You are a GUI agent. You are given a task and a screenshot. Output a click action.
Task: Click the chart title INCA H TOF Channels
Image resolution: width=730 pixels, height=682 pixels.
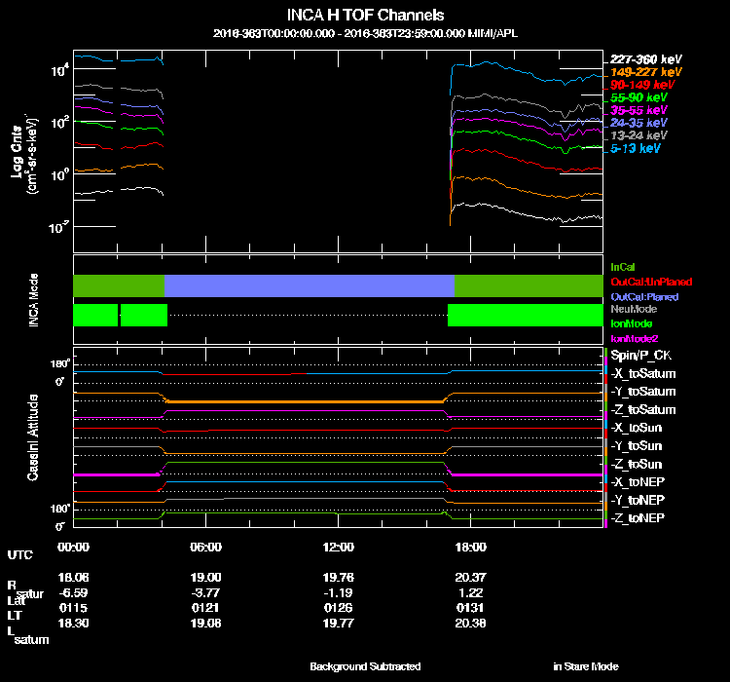point(365,15)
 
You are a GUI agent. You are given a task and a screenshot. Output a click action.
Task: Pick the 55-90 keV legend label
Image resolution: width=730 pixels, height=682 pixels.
point(639,98)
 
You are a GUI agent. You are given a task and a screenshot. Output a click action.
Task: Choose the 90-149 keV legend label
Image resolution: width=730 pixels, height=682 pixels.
point(641,85)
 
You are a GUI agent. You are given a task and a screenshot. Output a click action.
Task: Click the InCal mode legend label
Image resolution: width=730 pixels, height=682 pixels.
point(624,266)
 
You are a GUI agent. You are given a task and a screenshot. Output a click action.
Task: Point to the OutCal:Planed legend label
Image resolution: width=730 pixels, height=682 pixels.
point(643,295)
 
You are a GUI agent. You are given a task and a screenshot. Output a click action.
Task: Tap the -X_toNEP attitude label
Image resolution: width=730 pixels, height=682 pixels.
point(639,481)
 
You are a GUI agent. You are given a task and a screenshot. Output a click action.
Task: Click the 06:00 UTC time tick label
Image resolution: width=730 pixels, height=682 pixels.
point(206,546)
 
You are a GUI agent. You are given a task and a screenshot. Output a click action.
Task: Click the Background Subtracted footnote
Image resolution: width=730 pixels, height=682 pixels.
point(365,666)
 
